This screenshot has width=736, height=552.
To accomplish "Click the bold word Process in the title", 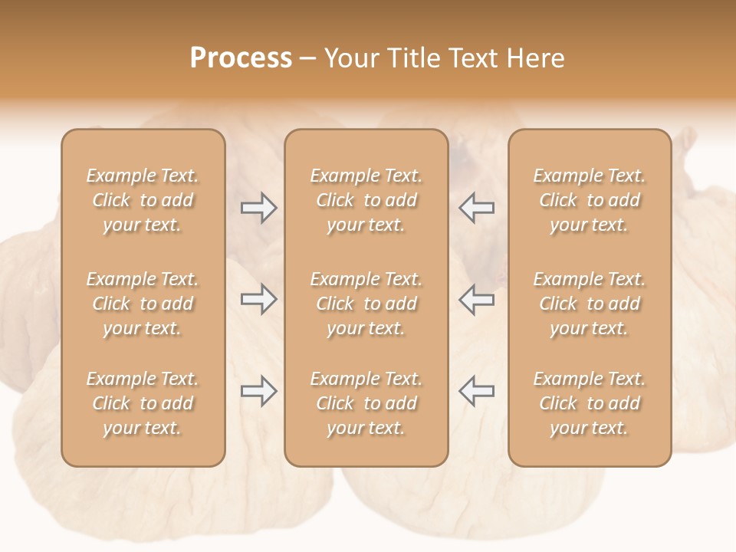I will tap(241, 58).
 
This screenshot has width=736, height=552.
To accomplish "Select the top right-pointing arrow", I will tap(258, 208).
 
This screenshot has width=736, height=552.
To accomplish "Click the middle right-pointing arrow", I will tap(258, 300).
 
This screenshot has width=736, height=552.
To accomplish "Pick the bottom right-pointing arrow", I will tap(258, 392).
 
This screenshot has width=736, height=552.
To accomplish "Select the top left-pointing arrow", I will tap(477, 208).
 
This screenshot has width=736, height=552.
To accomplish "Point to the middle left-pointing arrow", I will tap(477, 300).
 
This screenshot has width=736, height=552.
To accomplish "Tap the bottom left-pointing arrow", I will tap(477, 392).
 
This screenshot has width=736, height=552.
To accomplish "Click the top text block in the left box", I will tap(143, 200).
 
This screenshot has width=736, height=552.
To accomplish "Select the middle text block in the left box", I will tap(143, 304).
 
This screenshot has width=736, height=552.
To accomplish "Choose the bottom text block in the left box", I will tap(143, 403).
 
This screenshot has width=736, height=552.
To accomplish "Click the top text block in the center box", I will tap(366, 200).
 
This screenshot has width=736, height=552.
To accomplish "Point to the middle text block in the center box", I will tap(366, 304).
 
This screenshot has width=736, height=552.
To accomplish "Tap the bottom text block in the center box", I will tap(366, 403).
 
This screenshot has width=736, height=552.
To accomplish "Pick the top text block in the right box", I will tap(589, 200).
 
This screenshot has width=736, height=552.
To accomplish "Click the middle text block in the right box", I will tap(589, 304).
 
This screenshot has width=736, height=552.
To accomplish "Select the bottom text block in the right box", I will tap(589, 403).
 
